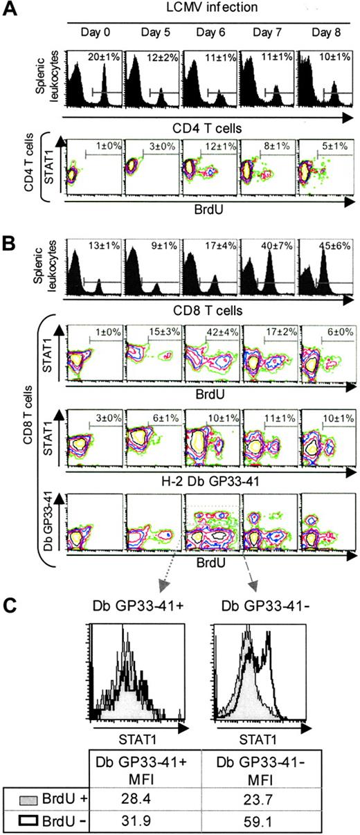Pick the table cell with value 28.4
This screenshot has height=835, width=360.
[x=140, y=796]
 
